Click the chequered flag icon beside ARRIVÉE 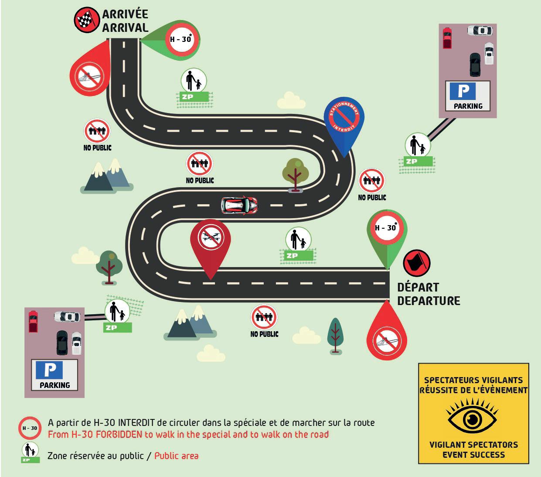point(87,20)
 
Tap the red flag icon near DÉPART point(417,263)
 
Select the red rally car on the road point(239,205)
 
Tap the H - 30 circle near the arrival point(180,39)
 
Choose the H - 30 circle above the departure point(386,227)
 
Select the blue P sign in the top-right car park point(463,91)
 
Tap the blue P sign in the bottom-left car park point(50,370)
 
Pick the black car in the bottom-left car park point(62,342)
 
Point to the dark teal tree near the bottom point(335,334)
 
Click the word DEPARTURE point(429,301)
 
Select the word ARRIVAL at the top point(125,27)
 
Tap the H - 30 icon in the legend point(30,428)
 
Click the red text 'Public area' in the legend point(176,456)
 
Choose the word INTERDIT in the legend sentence point(136,422)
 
